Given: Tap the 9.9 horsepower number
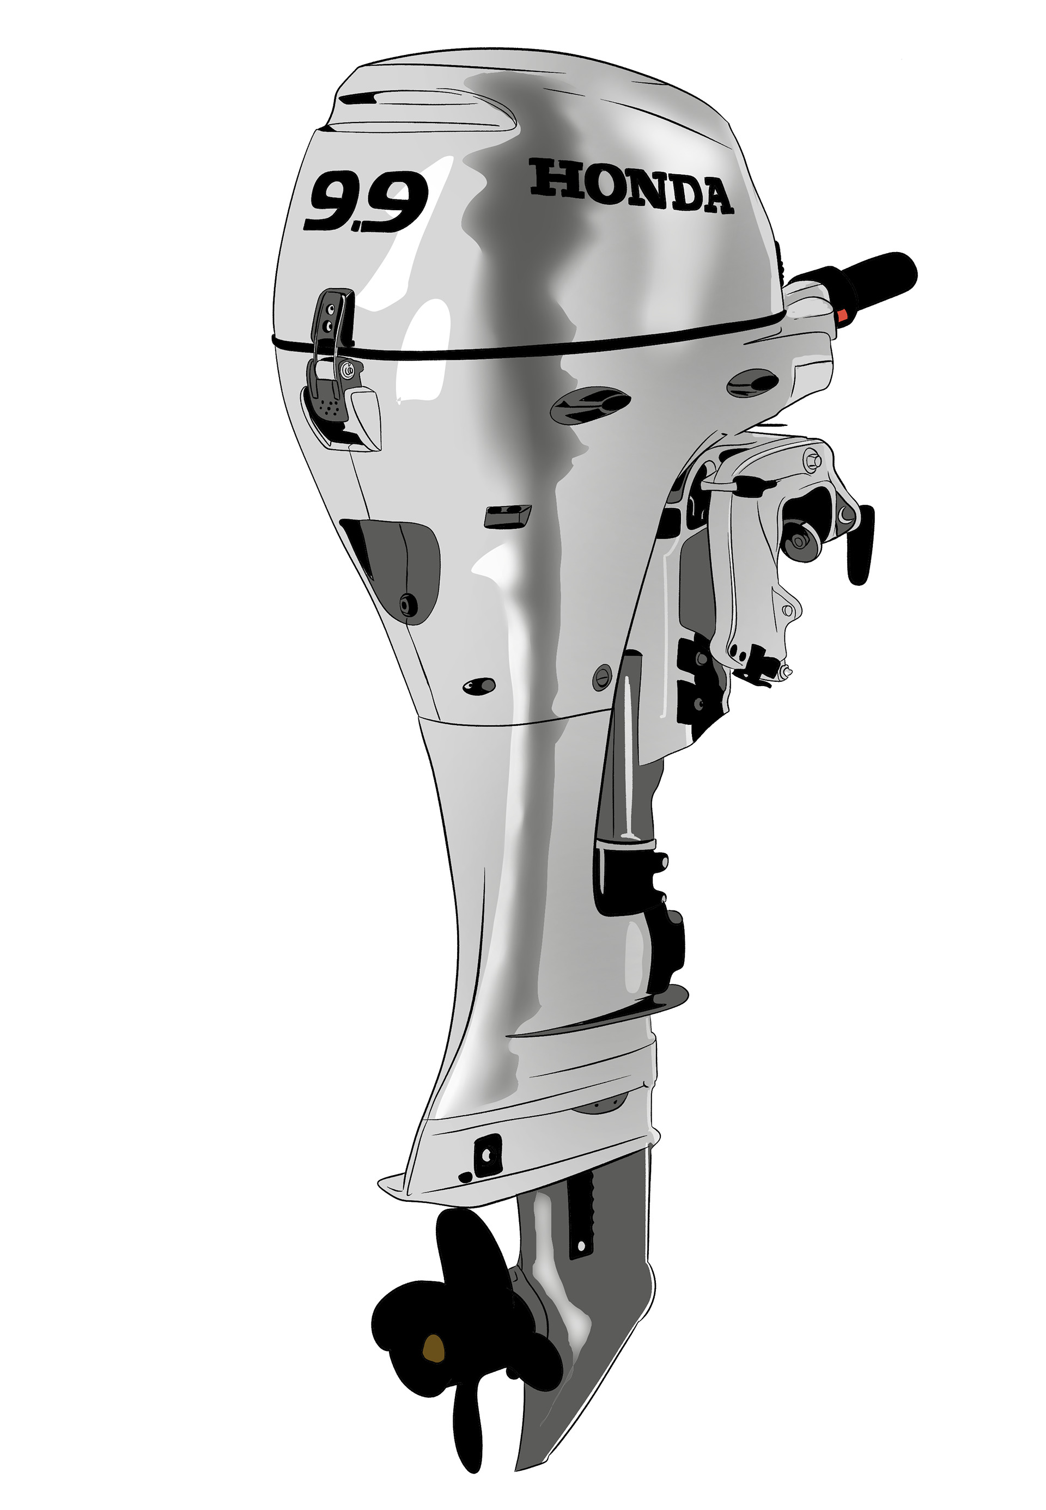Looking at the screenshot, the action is click(366, 201).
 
